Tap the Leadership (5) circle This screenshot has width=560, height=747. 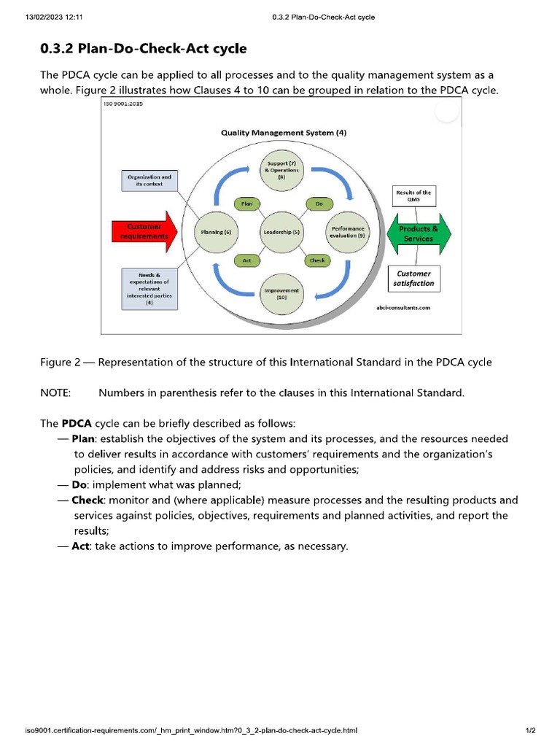click(281, 232)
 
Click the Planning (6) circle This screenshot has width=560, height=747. click(217, 232)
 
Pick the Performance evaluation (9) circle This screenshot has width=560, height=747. click(347, 232)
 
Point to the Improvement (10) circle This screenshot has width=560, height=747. click(281, 294)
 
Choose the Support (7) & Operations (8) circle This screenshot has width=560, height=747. click(281, 171)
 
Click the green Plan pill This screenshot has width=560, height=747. click(247, 204)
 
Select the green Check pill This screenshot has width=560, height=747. click(317, 260)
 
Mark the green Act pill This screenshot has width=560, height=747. click(247, 260)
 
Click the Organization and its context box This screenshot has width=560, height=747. click(149, 180)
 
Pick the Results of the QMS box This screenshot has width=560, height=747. click(413, 196)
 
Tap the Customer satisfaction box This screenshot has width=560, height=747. click(413, 279)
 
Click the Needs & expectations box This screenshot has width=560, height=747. click(149, 289)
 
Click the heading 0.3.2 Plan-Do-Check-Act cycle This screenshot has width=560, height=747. click(143, 49)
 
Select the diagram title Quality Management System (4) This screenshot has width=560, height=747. click(284, 133)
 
